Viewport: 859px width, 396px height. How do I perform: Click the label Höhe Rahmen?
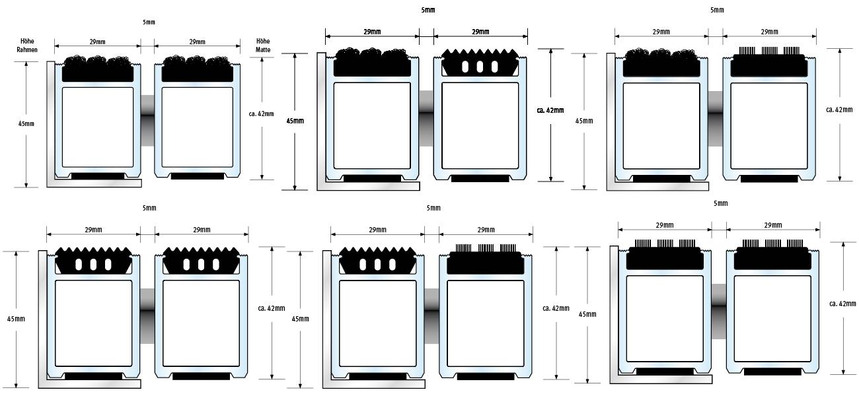click(x=27, y=45)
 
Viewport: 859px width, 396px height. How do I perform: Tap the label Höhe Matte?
click(x=263, y=45)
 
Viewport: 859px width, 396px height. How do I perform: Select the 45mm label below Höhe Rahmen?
click(x=26, y=123)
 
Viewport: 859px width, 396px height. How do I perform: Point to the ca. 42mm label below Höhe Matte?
click(x=261, y=114)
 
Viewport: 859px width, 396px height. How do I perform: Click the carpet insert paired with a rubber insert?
click(x=372, y=62)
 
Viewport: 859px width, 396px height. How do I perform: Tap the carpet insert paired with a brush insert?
click(x=661, y=62)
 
